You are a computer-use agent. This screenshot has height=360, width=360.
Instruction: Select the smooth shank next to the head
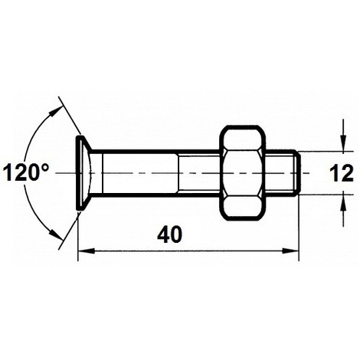point(138,173)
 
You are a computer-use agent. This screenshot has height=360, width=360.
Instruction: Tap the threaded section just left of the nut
point(201,173)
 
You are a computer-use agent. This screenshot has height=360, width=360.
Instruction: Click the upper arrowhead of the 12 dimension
point(339,148)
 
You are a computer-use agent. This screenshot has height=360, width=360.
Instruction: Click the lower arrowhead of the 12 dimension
point(339,198)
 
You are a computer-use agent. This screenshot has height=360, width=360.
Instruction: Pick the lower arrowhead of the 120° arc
point(54,234)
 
